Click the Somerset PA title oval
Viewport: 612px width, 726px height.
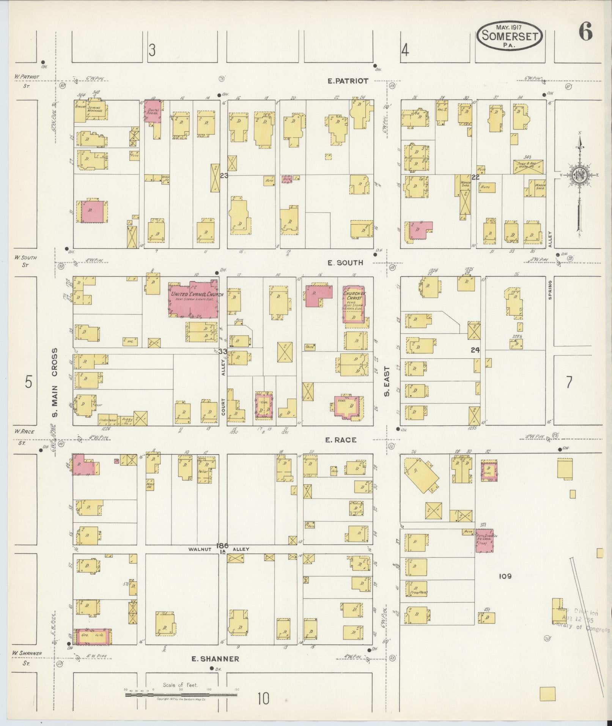[x=510, y=35]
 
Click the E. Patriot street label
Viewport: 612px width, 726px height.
[x=348, y=81]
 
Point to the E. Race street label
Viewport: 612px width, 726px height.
[x=340, y=440]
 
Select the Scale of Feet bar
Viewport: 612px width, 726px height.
[x=181, y=695]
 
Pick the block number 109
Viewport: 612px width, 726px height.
[x=505, y=576]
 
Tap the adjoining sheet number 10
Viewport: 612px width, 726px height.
[x=264, y=698]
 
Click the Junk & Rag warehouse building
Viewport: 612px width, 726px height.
[x=529, y=166]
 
